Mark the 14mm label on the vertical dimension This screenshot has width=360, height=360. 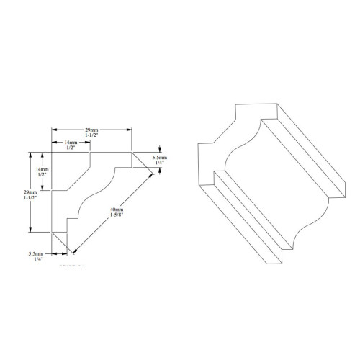tap(42, 168)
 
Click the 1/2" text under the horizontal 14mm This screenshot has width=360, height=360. tap(71, 149)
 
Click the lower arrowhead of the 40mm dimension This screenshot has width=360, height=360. tap(74, 253)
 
